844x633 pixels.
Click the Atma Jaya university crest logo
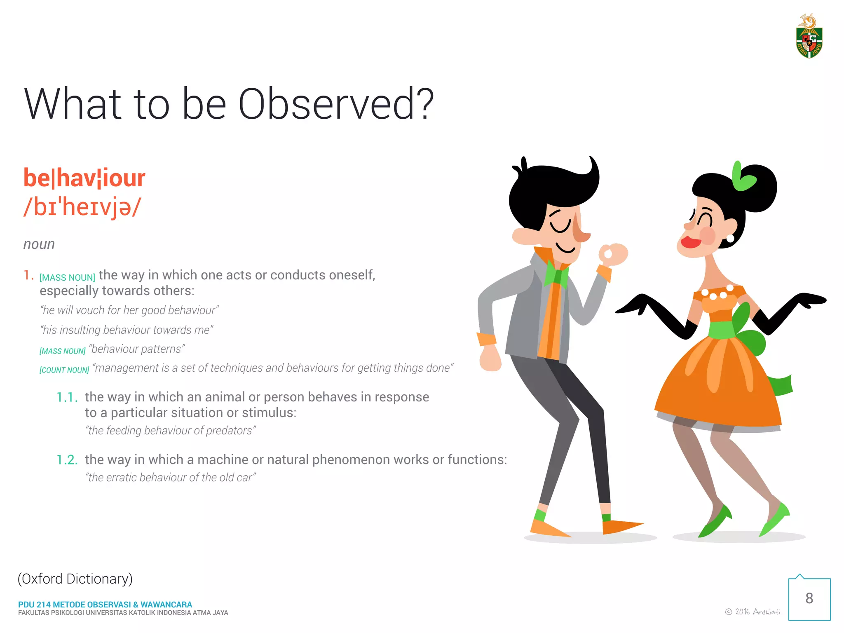pos(809,37)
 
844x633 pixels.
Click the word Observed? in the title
pos(336,104)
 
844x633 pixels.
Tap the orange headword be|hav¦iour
pos(84,178)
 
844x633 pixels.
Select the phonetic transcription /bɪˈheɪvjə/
pos(82,207)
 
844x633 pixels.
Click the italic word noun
pos(39,244)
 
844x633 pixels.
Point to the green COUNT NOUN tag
pos(64,370)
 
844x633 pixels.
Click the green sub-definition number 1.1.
pos(67,397)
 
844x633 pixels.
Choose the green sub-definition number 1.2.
pos(67,460)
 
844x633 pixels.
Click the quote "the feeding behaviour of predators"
pos(171,431)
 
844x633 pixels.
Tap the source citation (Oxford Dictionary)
pos(75,579)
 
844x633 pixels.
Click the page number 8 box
pos(809,599)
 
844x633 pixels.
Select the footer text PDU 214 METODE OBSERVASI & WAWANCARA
pos(105,605)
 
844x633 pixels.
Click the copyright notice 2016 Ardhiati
pos(753,612)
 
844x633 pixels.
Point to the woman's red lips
pos(690,242)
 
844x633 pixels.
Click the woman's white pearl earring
pos(730,238)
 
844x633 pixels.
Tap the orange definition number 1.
pos(28,275)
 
